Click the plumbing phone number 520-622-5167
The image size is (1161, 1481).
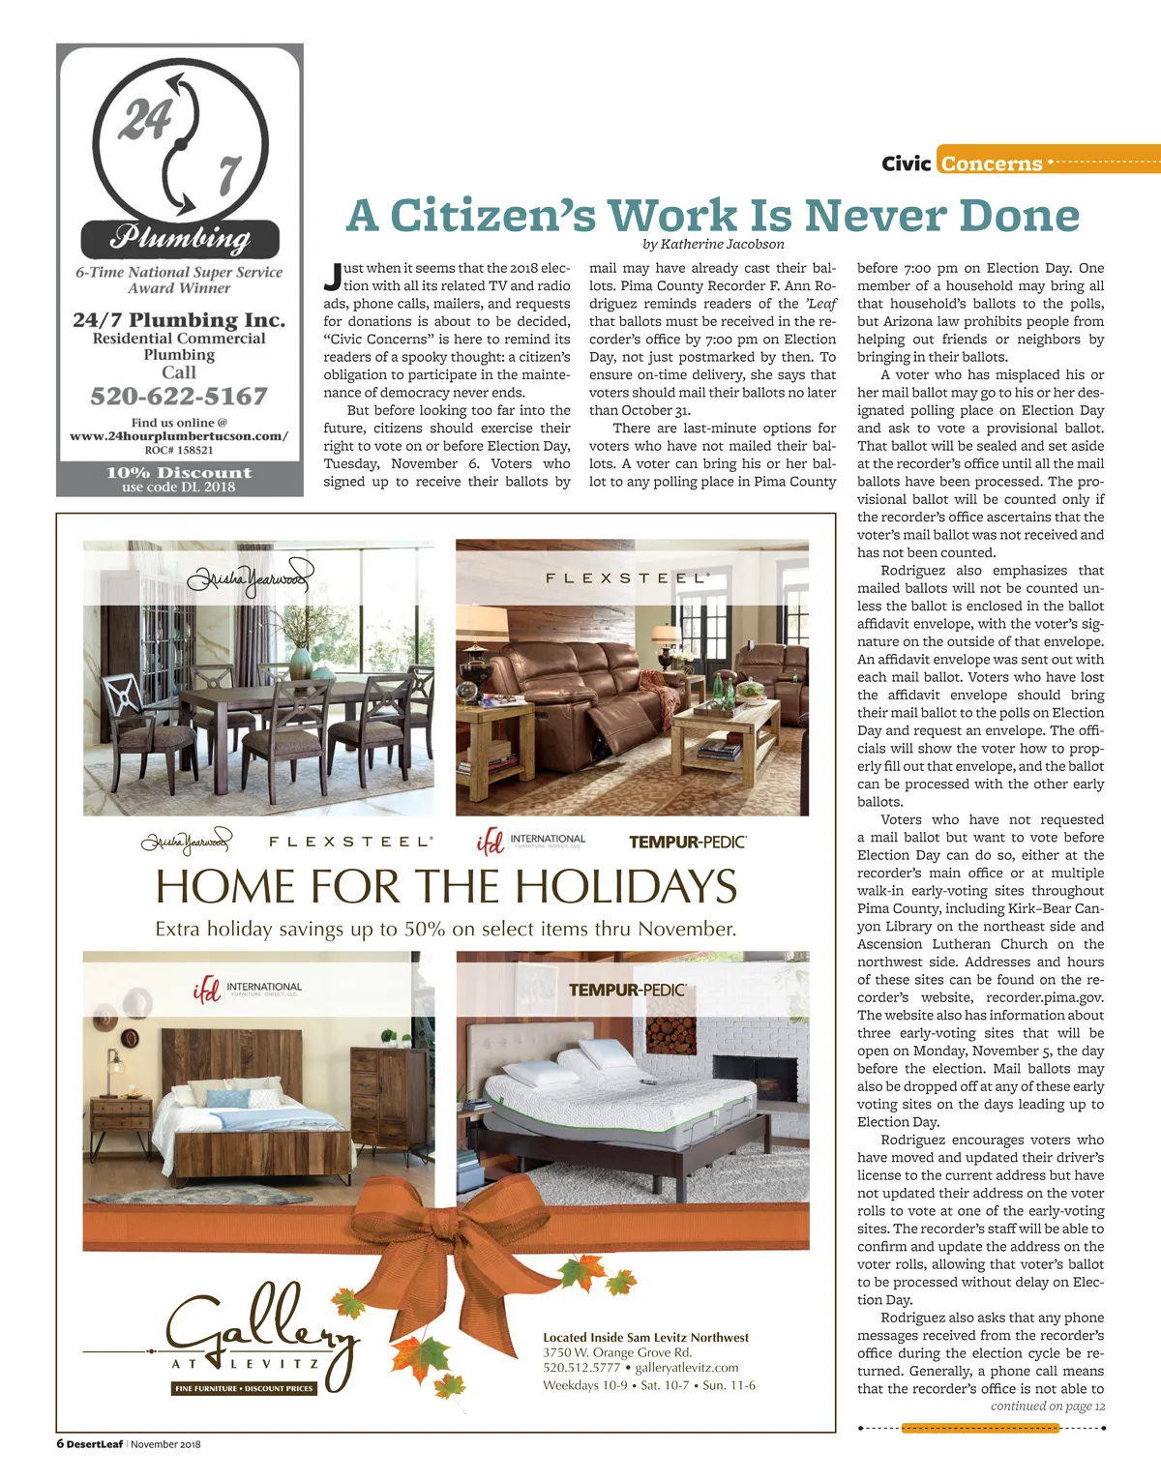pyautogui.click(x=179, y=397)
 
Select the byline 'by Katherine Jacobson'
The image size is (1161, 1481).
pyautogui.click(x=713, y=245)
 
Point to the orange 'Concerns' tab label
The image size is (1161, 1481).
pyautogui.click(x=992, y=163)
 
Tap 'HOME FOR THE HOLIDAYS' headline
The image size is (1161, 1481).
pyautogui.click(x=446, y=886)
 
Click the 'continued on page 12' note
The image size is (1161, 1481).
pyautogui.click(x=1047, y=1407)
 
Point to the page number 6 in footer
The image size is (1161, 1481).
pyautogui.click(x=60, y=1444)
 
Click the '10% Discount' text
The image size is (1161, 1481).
pyautogui.click(x=179, y=473)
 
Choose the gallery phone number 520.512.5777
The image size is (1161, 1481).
pyautogui.click(x=581, y=1368)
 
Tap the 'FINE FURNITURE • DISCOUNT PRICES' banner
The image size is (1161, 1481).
pyautogui.click(x=244, y=1388)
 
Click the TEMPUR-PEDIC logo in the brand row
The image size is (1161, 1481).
pyautogui.click(x=687, y=843)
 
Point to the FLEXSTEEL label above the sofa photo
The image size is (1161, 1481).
pyautogui.click(x=628, y=578)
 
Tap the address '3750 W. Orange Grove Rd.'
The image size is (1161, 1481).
pyautogui.click(x=617, y=1352)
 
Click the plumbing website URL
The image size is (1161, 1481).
pyautogui.click(x=179, y=436)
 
